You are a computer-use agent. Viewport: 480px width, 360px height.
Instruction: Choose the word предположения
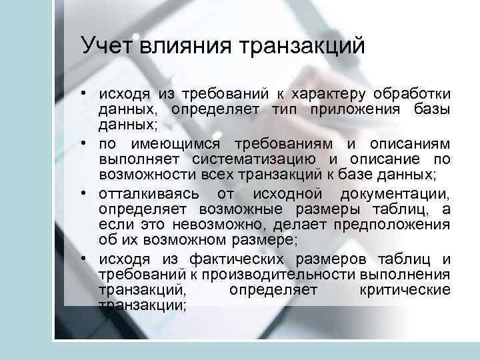click(394, 227)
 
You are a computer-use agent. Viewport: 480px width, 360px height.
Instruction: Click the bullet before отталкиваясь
click(87, 194)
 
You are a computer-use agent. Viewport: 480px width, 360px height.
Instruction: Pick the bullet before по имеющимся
click(87, 143)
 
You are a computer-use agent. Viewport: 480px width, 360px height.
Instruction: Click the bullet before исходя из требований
click(87, 92)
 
